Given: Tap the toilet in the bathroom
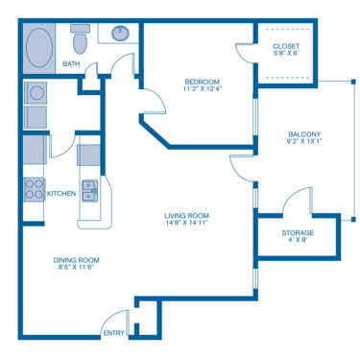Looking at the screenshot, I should pos(81,41).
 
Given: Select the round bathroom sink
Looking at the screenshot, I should pos(121,34).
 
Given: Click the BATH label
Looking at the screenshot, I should pos(71,64).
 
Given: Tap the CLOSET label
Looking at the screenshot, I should pos(285,46).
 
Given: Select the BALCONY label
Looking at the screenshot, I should pos(303,134).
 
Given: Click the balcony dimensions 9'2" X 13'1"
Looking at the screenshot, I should pos(303,143).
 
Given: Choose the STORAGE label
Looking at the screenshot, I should pos(297,232).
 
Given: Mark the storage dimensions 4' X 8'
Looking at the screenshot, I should pos(297,241).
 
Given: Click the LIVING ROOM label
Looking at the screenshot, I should pos(186,215).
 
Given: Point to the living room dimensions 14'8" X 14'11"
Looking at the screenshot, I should pos(186,224).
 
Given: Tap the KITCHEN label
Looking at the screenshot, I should pos(61,193).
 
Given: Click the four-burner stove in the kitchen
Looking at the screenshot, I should pos(34,189).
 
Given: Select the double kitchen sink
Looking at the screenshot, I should pos(89,190).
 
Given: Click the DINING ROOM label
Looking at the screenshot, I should pos(75,260).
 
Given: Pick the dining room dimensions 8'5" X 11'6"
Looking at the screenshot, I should pos(75,269).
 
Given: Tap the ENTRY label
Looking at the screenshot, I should pos(112,333).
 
